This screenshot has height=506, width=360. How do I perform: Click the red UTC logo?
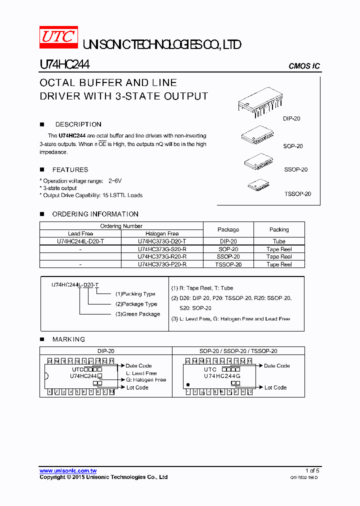point(58,37)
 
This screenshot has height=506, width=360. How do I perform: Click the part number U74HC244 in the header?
point(64,65)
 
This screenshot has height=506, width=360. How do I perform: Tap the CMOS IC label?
point(304,66)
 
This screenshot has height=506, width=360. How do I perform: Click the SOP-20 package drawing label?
point(293,146)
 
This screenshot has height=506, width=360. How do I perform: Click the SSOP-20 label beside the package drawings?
point(296,169)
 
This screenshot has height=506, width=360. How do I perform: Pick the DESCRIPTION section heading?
point(78,124)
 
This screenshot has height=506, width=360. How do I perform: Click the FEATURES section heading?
point(70,170)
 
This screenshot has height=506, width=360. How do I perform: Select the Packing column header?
point(279,229)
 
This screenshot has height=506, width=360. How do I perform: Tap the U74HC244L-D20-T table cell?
point(80,241)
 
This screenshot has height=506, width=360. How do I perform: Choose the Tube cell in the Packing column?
point(279,241)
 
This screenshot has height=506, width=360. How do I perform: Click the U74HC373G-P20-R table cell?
point(162,264)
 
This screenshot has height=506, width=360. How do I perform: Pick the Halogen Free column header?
point(162,233)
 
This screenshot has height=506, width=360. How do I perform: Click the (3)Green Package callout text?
point(137,314)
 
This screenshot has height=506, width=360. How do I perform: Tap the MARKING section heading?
point(68,339)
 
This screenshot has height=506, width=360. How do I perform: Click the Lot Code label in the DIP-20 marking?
point(137,387)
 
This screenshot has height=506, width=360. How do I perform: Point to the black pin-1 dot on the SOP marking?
point(187,385)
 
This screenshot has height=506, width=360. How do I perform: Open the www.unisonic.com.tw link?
point(68,471)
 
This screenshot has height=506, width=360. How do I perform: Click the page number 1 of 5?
point(312,470)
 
